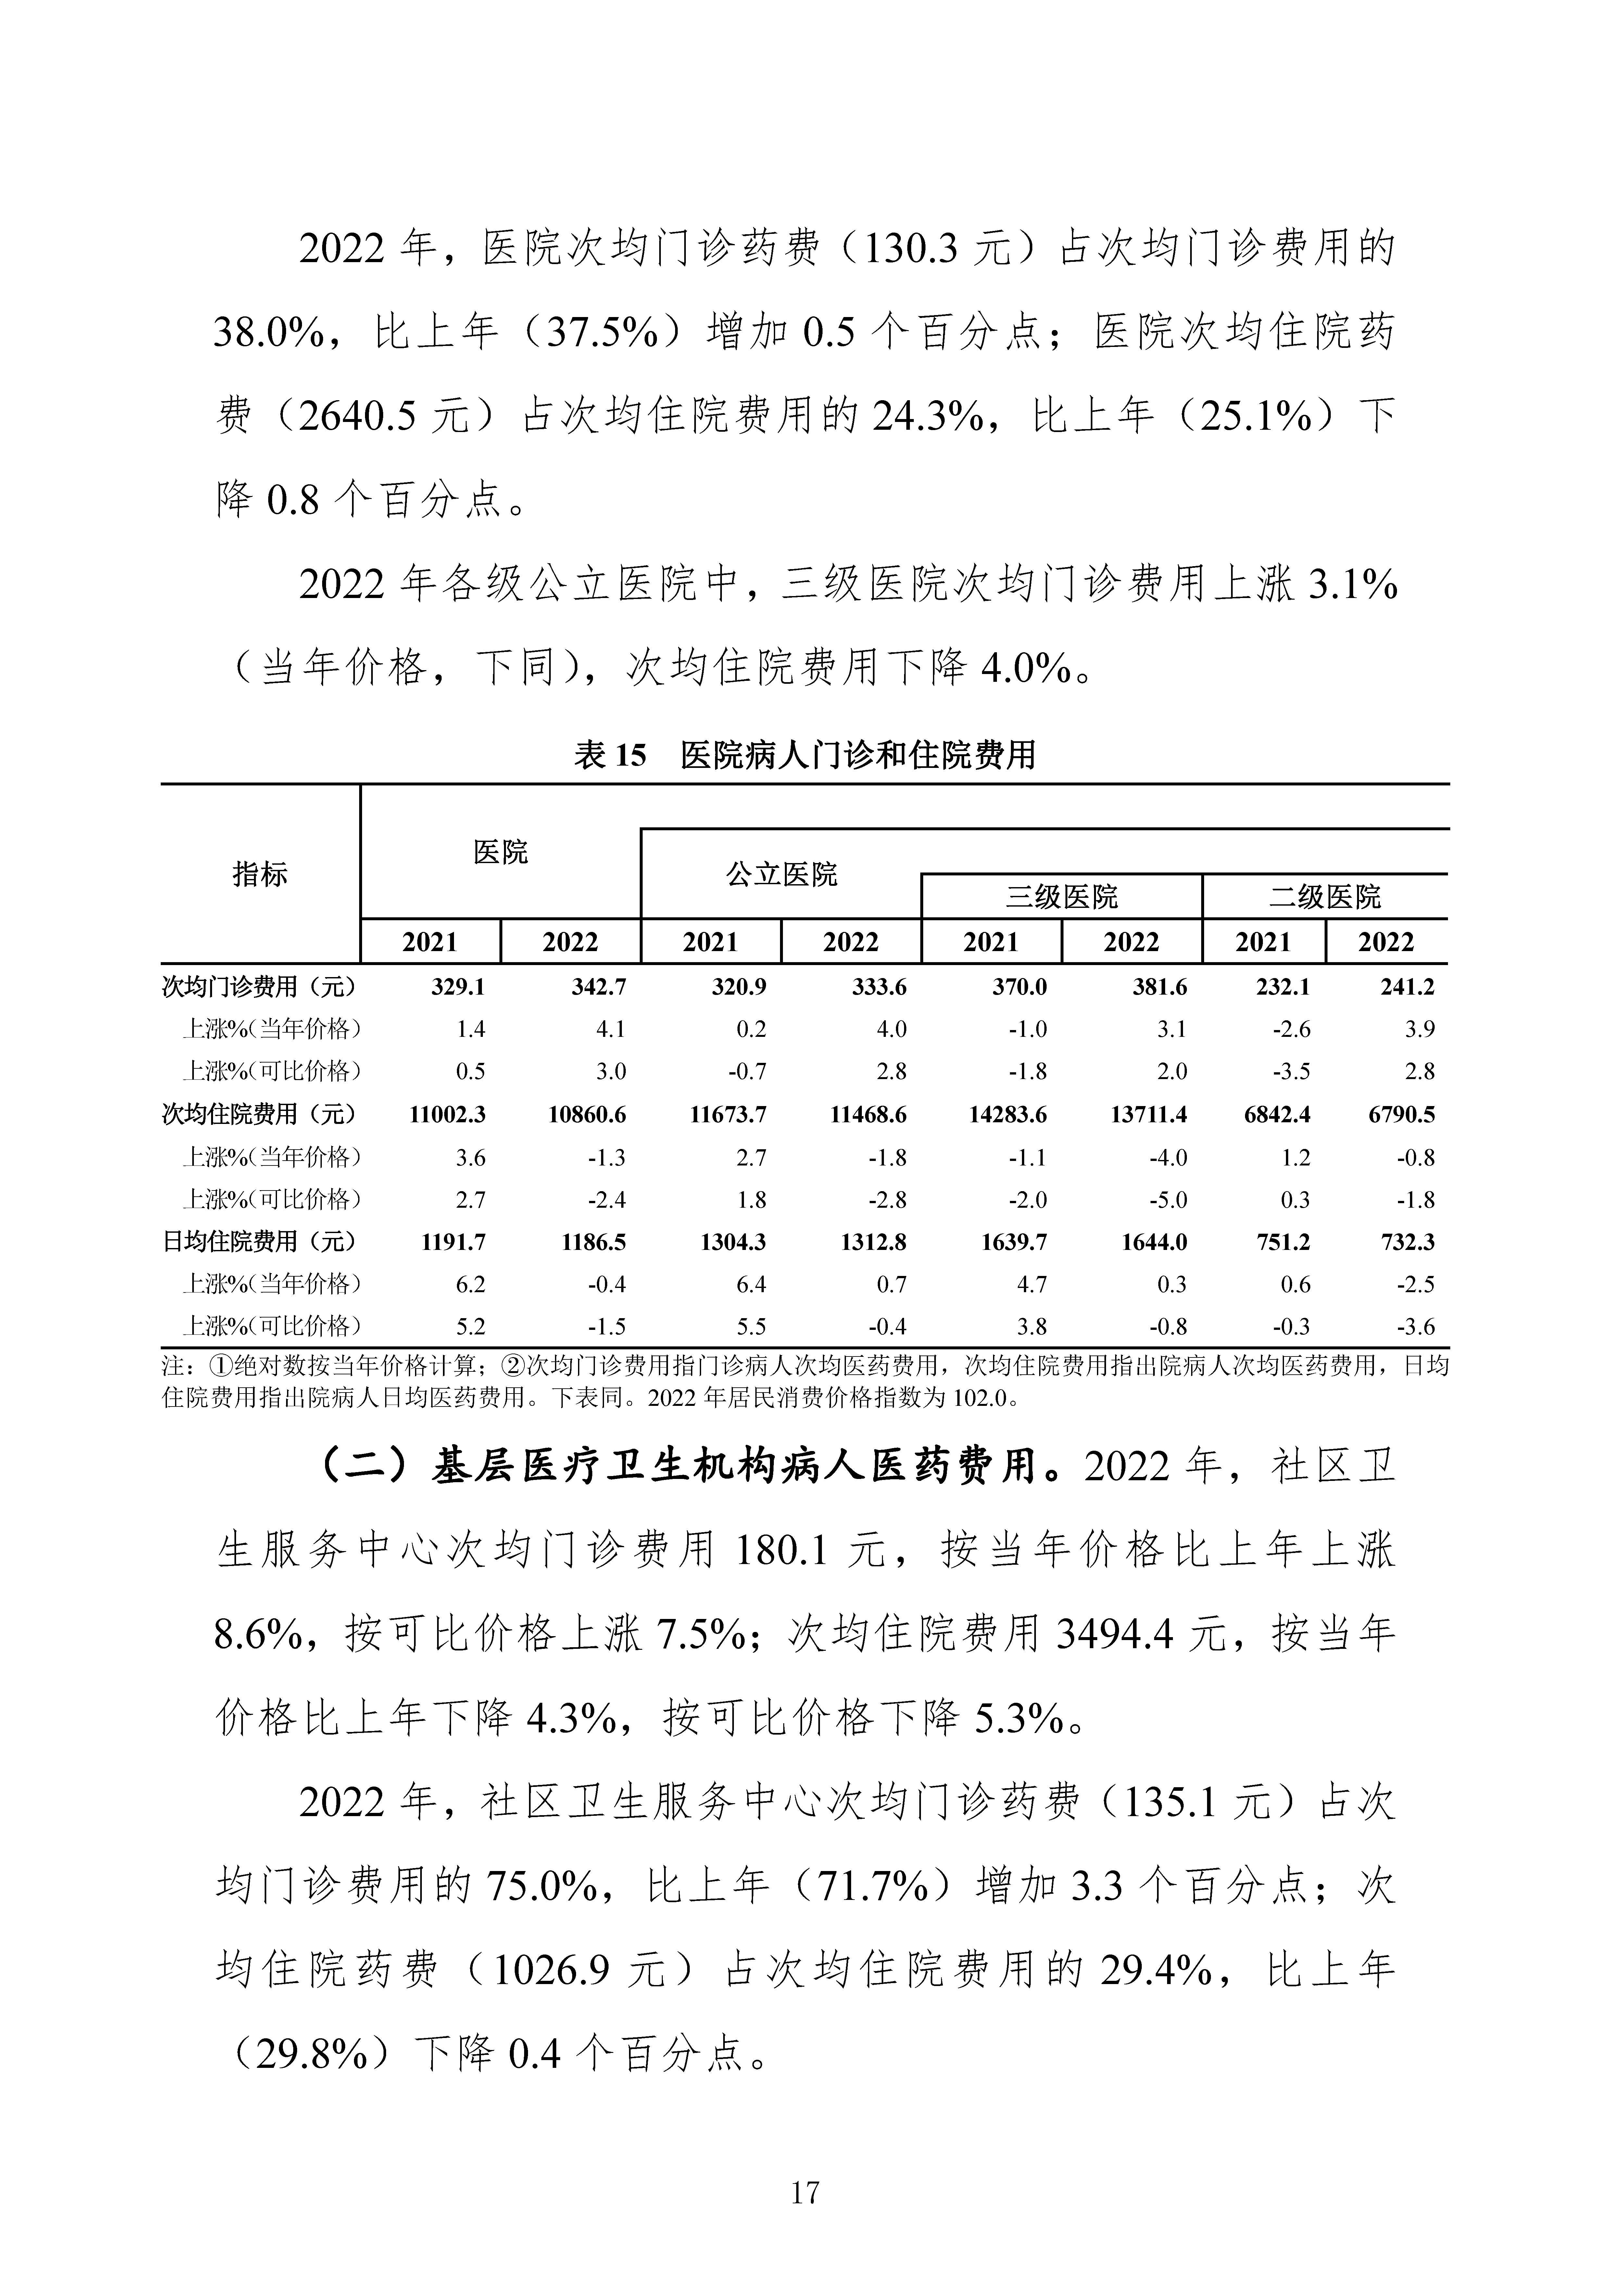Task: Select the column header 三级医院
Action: (x=1061, y=897)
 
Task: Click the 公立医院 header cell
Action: (x=781, y=874)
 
